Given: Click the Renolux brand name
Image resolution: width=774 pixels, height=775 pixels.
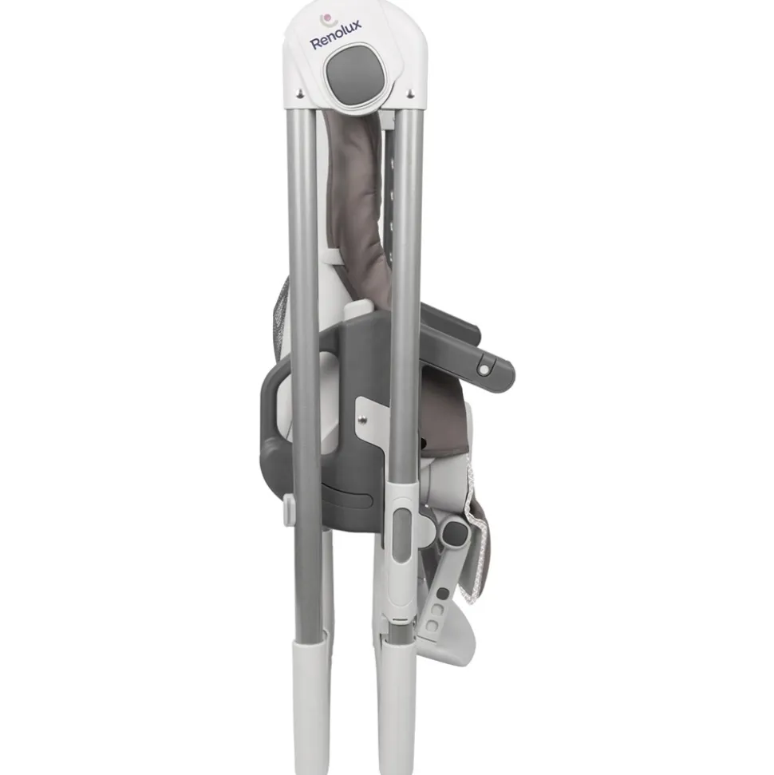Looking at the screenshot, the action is point(336,35).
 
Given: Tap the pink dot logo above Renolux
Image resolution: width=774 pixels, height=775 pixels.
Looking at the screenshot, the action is point(326,19).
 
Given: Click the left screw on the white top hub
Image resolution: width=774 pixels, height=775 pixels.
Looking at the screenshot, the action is point(299,92).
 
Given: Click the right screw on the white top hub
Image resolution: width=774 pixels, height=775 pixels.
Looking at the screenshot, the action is point(409,92).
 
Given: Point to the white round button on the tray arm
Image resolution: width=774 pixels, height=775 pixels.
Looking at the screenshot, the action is point(484,370).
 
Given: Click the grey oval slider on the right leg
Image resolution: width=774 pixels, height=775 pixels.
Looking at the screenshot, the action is point(402,536).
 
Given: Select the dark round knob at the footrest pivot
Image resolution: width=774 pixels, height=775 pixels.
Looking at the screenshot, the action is point(455,533).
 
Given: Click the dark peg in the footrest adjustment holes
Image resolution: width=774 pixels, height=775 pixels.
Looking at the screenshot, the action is point(444,592).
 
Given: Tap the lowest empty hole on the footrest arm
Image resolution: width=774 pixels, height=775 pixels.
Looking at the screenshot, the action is point(432,626).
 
